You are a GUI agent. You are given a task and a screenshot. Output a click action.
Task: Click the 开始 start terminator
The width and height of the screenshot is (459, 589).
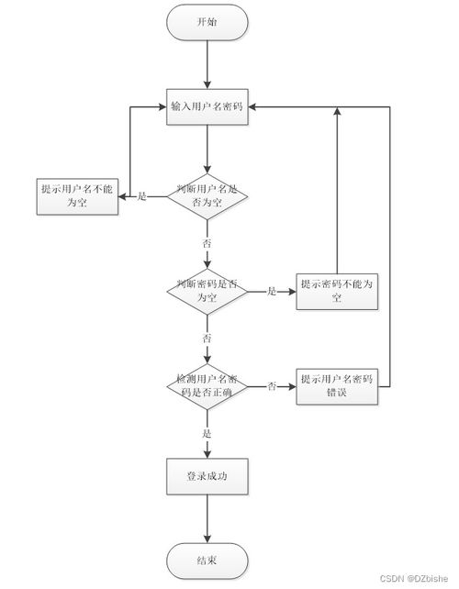(207, 22)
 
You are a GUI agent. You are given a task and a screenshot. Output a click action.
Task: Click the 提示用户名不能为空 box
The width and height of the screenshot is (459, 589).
(79, 195)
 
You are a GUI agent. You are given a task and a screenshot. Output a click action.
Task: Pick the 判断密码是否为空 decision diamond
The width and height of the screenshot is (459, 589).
(207, 291)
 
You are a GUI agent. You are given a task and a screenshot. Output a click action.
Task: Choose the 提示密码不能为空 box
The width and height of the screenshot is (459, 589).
(337, 291)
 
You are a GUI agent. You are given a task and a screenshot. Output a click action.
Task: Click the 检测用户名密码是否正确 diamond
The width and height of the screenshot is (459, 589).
(207, 386)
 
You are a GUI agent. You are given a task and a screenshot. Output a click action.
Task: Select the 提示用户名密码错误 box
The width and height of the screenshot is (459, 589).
(337, 386)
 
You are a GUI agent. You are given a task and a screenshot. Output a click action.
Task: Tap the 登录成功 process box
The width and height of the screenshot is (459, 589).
(207, 476)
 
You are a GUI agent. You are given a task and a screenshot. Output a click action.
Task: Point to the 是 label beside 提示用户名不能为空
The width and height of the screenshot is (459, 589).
(141, 196)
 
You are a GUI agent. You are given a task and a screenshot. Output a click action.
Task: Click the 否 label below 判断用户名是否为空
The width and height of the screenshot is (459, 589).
(207, 243)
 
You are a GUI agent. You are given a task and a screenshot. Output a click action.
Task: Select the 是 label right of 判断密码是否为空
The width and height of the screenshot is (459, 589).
(272, 292)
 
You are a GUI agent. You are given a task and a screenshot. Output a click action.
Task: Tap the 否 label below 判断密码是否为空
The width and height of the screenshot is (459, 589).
(207, 339)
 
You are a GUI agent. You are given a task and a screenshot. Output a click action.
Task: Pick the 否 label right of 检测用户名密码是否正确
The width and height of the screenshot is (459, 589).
(272, 387)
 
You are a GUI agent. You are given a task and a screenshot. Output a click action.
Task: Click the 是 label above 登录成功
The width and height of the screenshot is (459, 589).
(207, 433)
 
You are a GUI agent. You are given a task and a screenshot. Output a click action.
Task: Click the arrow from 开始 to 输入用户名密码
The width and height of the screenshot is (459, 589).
(207, 64)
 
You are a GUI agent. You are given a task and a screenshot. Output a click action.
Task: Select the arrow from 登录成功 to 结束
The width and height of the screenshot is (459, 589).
(207, 518)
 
